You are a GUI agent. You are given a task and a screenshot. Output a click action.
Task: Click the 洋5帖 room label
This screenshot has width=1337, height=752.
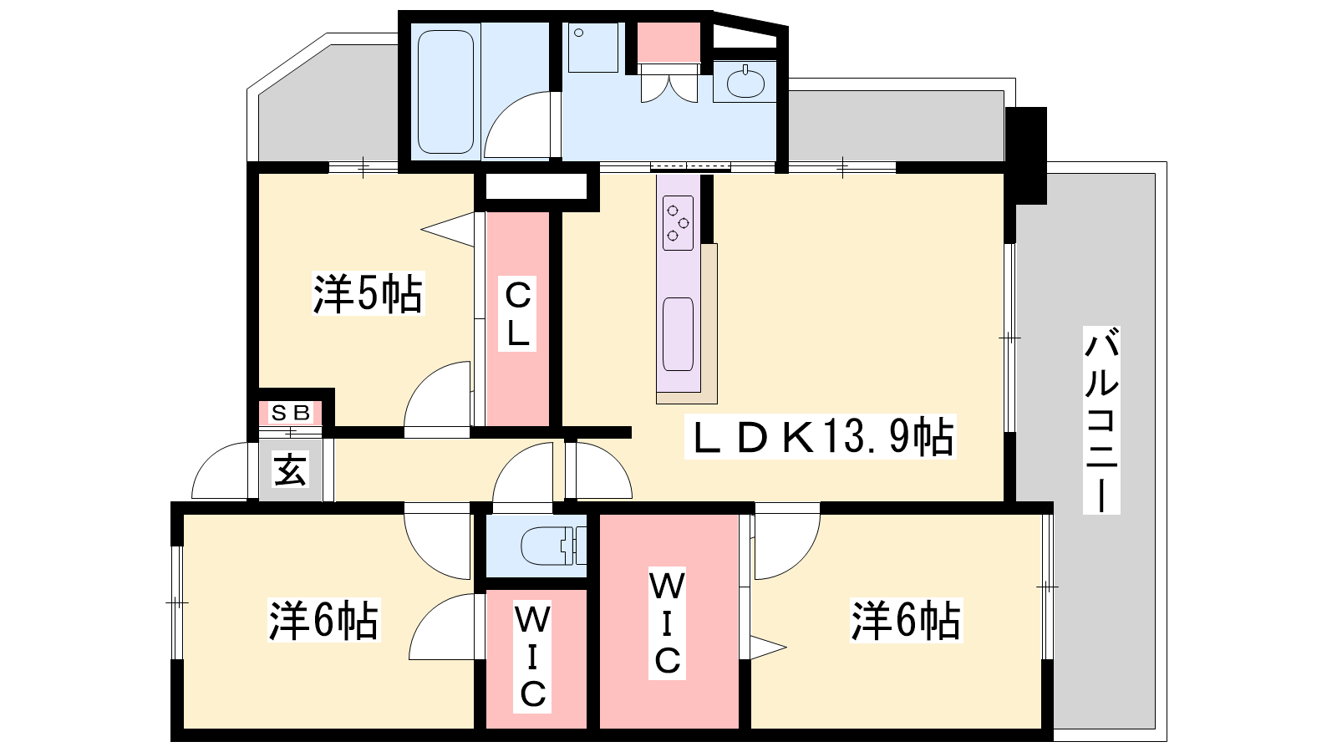point(368,293)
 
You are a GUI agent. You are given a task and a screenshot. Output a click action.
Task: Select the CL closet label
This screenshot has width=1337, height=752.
point(518,315)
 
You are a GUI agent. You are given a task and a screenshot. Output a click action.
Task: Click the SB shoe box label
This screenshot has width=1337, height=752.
point(291,412)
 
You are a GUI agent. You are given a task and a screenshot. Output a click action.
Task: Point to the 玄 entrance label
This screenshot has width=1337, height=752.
point(290,470)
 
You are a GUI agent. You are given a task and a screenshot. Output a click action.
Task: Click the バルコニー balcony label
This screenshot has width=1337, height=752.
point(1101,419)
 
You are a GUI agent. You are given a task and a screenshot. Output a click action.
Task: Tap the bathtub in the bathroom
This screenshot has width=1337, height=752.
point(446,92)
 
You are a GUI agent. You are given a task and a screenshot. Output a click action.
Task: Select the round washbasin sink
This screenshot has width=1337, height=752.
point(745,84)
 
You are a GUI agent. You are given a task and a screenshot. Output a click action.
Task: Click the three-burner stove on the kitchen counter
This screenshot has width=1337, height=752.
point(678,222)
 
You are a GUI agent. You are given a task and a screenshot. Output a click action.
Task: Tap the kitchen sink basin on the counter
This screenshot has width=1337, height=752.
point(678,333)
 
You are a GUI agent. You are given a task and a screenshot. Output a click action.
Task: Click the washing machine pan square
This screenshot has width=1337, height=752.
point(592,47)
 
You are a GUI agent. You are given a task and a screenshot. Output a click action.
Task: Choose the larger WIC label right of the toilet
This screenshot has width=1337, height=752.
point(667,623)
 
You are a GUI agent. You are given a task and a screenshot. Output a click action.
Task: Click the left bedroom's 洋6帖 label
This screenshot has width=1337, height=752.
point(323,620)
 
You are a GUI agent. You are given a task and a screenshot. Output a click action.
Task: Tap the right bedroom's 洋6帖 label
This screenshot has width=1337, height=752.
point(906,620)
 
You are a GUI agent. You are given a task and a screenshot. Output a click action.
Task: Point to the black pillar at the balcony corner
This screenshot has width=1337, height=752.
point(1027,155)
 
